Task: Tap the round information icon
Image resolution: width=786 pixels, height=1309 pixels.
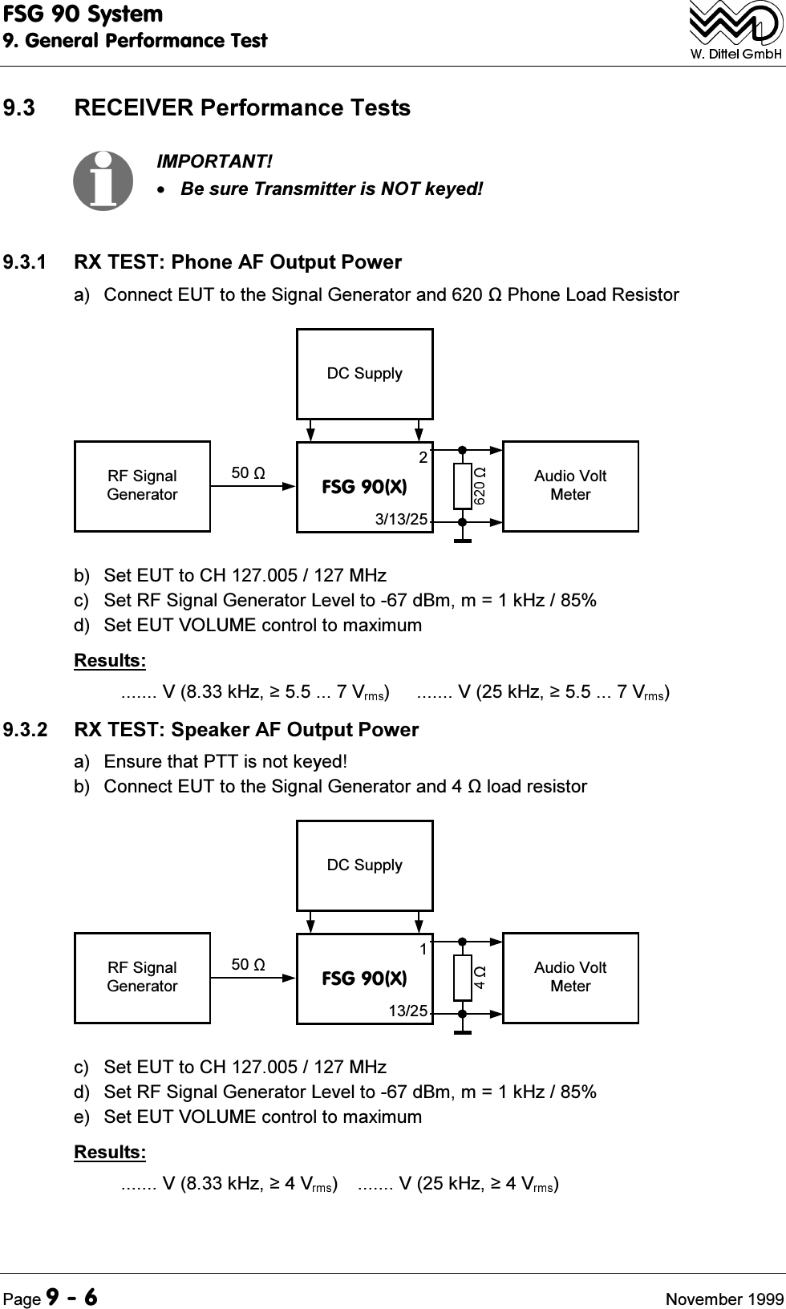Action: click(x=103, y=180)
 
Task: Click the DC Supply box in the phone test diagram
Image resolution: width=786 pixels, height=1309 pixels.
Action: click(x=365, y=374)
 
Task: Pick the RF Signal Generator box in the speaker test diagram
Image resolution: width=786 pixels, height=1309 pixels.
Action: click(x=143, y=978)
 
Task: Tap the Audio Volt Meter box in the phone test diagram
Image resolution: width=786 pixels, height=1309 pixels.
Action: click(x=570, y=486)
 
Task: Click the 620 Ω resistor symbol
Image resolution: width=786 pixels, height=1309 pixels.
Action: click(x=463, y=486)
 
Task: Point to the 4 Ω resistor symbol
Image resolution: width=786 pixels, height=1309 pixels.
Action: click(x=463, y=978)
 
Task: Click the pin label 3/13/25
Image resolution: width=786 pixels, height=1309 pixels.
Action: click(x=402, y=519)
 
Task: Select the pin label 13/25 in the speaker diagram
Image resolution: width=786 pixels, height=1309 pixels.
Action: click(x=408, y=1011)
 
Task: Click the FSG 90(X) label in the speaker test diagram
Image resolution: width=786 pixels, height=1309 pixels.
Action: click(x=364, y=979)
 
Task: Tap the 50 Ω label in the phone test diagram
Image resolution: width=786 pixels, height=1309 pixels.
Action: click(x=249, y=473)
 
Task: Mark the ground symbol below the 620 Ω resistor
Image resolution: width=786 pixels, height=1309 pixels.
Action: click(x=463, y=540)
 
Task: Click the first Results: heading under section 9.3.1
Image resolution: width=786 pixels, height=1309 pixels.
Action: click(x=110, y=661)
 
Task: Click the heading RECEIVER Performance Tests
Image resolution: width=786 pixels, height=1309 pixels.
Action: click(x=241, y=108)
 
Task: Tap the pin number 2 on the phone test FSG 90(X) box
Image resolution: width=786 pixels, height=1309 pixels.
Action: click(x=423, y=457)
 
